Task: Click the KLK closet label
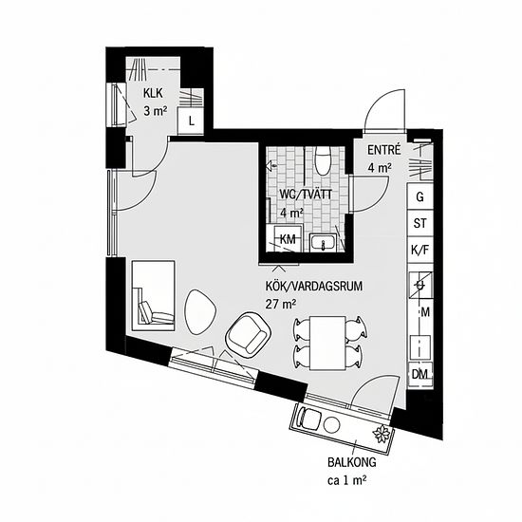pos(153,93)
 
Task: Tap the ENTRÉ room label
pos(383,150)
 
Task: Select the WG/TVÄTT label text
pos(306,194)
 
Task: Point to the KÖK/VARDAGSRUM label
pos(314,287)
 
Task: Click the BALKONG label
pos(352,462)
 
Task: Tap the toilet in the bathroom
pos(323,161)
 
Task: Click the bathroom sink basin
pos(323,242)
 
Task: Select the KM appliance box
pos(288,238)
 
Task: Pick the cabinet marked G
pos(420,196)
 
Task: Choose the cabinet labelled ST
pos(420,223)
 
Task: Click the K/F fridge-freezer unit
pos(420,250)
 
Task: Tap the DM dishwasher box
pos(420,374)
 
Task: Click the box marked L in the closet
pos(191,121)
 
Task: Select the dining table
pos(327,344)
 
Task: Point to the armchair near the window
pos(248,334)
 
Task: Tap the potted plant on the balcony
pos(382,434)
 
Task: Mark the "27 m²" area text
pos(281,304)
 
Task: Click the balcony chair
pos(308,418)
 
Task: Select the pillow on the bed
pos(144,312)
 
